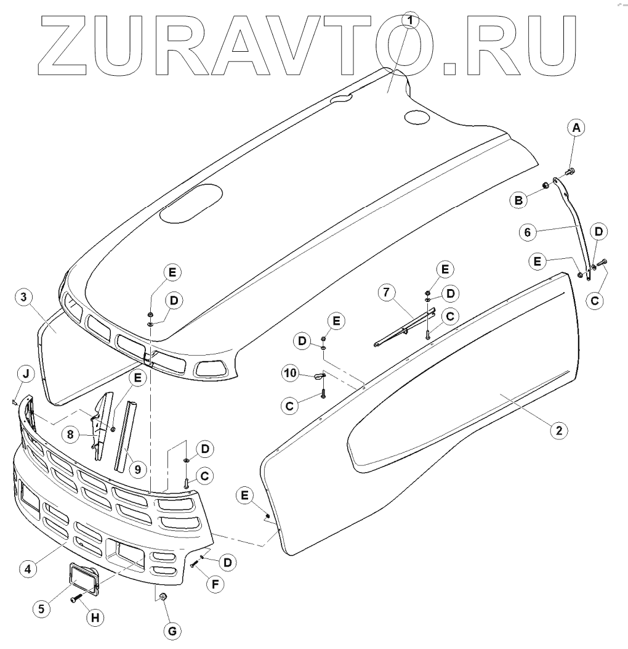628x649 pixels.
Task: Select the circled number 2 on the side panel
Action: (558, 431)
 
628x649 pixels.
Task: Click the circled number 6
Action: (525, 233)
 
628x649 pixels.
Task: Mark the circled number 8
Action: (71, 433)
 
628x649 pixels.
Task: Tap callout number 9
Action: (137, 469)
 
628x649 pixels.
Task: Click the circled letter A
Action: (576, 128)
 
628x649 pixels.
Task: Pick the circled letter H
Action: (94, 618)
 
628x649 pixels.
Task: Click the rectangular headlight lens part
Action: (84, 580)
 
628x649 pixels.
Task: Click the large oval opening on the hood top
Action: (191, 203)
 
